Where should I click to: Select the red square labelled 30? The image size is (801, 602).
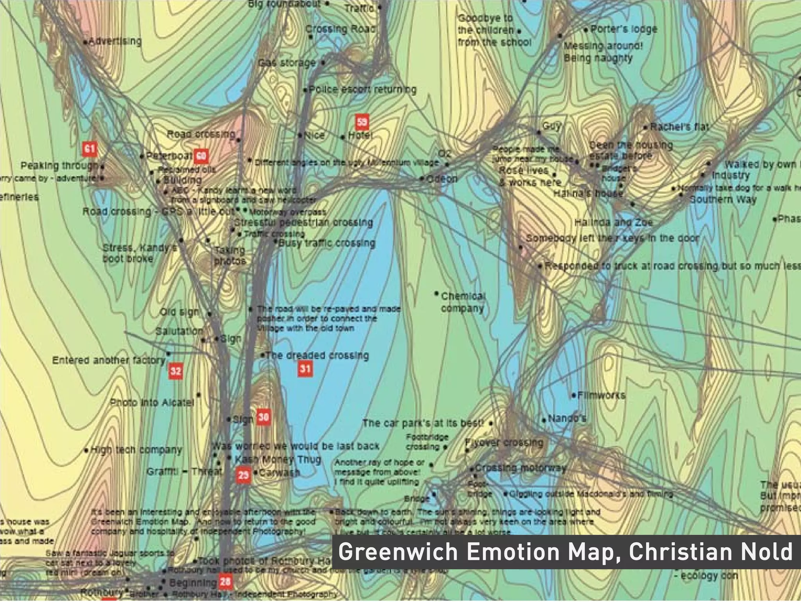tap(264, 417)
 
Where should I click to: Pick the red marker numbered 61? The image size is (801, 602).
tap(90, 149)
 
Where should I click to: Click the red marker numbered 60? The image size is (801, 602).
tap(201, 156)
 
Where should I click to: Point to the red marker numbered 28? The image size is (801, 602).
tap(225, 582)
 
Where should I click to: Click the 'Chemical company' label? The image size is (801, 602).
tap(463, 302)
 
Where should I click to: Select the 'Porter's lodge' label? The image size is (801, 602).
tap(623, 29)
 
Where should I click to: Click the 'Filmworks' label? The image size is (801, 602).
tap(601, 395)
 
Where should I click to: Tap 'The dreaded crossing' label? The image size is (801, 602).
tap(317, 355)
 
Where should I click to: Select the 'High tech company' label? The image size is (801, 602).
tap(136, 450)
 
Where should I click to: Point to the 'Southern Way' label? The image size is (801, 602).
tap(723, 199)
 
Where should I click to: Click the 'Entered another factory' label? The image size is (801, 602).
tap(109, 360)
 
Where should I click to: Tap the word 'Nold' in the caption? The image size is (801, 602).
tap(770, 552)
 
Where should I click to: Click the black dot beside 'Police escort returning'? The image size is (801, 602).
tap(306, 90)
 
